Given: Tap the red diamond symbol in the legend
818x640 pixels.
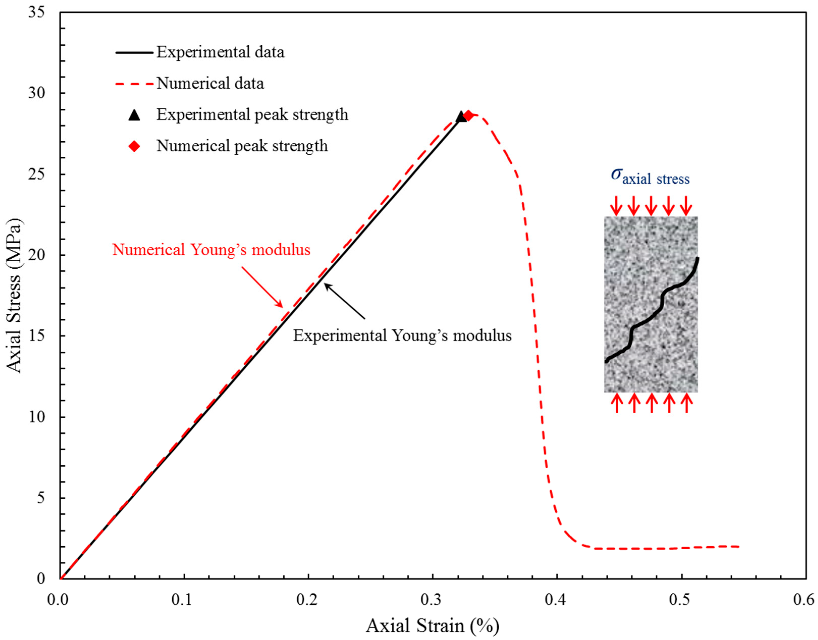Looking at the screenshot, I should pos(134,146).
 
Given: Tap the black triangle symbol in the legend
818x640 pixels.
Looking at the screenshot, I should pos(134,115).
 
